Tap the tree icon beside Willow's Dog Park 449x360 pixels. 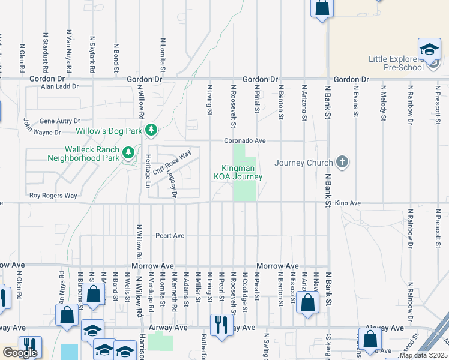point(152,130)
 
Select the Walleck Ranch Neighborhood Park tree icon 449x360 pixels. point(127,154)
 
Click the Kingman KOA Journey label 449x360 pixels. point(238,172)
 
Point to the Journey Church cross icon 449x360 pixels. point(342,162)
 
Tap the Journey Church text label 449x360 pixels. point(303,163)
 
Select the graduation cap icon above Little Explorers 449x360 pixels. point(429,50)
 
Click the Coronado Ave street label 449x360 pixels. point(245,140)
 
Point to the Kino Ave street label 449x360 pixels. point(348,203)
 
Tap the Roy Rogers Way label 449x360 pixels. point(53,196)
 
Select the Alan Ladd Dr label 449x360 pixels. point(59,86)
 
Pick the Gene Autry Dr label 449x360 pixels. point(59,121)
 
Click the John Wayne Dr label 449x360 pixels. point(42,127)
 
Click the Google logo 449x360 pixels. point(20,353)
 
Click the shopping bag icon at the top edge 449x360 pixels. point(322,8)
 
